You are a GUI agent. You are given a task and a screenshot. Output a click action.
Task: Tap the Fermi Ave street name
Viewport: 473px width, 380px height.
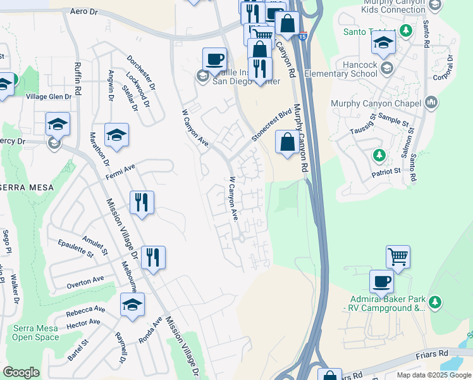tap(121, 169)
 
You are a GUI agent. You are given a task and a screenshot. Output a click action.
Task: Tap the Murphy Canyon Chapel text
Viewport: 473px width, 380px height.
tap(376, 103)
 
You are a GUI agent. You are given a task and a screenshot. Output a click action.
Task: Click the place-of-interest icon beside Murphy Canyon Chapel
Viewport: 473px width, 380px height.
tap(432, 102)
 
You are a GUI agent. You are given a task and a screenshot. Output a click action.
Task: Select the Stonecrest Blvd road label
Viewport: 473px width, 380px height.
tap(272, 124)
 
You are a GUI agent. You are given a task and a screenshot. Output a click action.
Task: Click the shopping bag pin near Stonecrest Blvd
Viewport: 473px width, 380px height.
tap(288, 142)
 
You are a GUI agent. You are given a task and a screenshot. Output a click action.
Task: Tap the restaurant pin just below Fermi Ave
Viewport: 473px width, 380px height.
tap(142, 203)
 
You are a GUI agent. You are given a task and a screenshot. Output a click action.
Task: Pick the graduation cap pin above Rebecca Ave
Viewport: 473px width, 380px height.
tap(132, 304)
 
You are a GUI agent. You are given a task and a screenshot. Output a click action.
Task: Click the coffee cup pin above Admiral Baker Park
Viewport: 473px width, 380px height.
tap(381, 281)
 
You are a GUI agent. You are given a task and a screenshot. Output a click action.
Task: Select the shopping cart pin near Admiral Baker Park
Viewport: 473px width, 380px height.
tap(398, 256)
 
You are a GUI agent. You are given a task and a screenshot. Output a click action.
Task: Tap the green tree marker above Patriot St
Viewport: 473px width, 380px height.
tap(379, 155)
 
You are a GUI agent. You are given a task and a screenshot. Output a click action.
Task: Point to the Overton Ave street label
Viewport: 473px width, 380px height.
tap(85, 279)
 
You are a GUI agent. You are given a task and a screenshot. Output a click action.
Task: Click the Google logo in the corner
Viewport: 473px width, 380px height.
tap(21, 372)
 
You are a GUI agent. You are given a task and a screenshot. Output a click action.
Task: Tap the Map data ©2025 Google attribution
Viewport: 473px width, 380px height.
tap(433, 375)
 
